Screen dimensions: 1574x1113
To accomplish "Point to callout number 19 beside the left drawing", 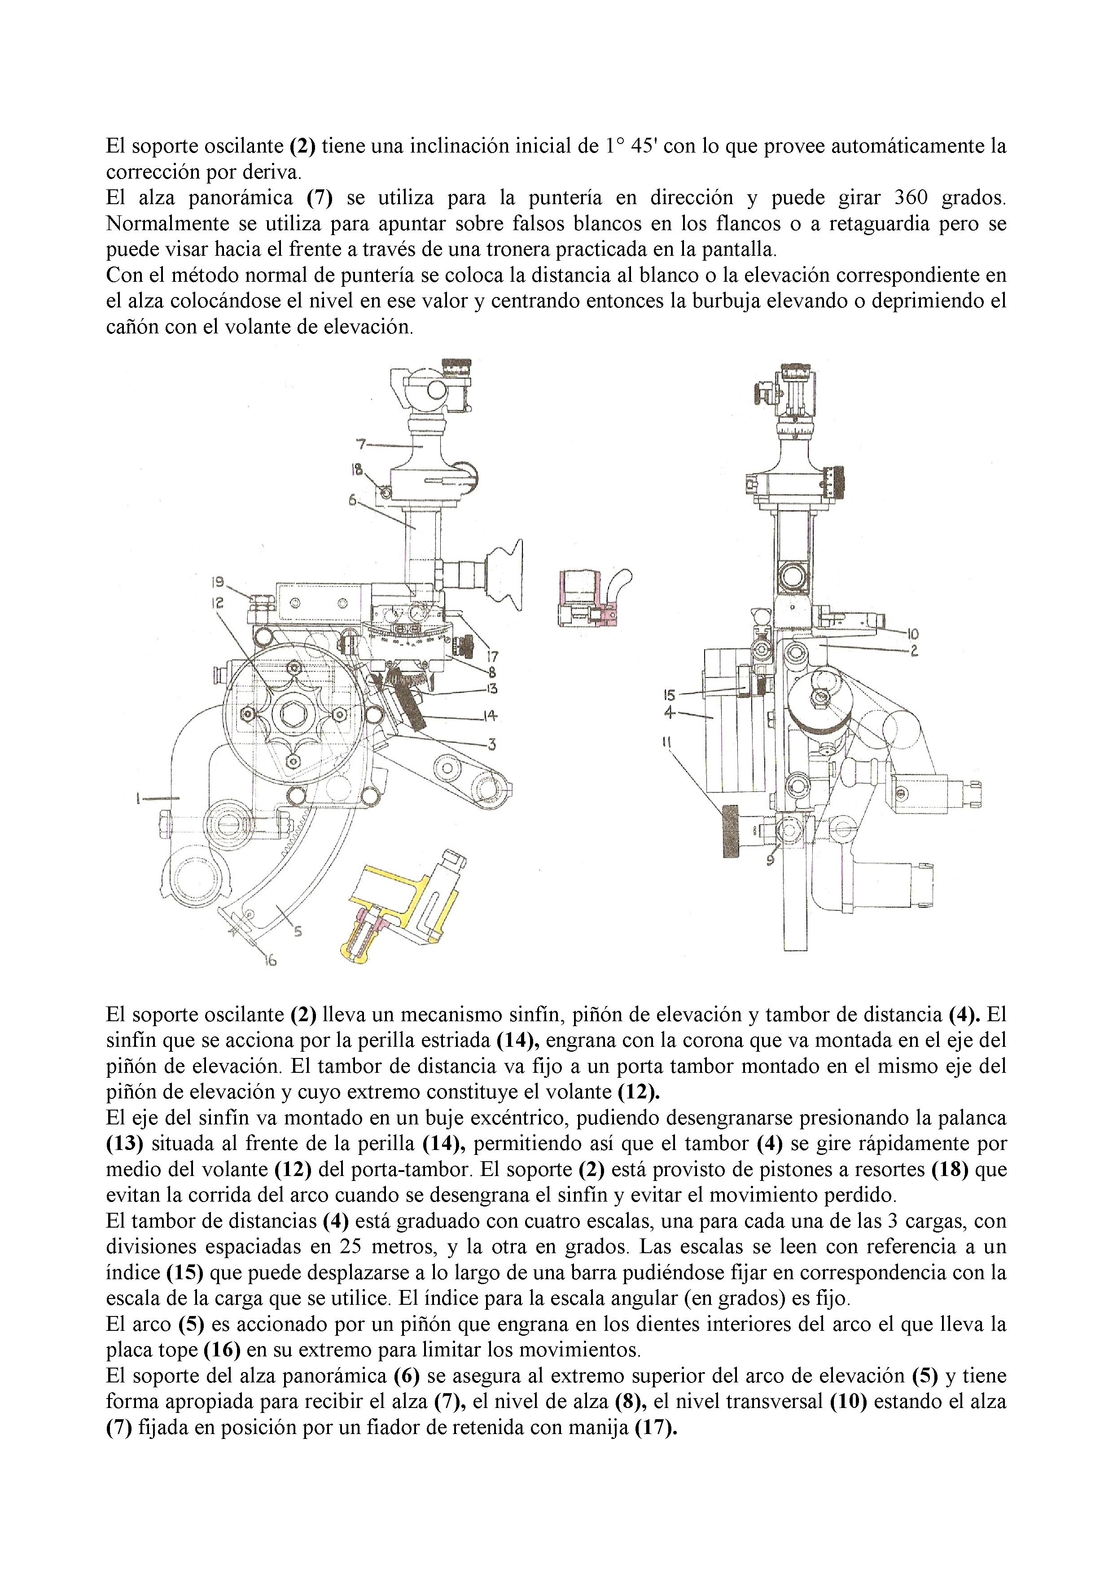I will coord(217,583).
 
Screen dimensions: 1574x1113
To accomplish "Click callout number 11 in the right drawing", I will coord(666,741).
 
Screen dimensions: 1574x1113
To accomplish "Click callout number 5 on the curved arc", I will coord(297,930).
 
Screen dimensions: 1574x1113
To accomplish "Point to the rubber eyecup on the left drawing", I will coord(509,574).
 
